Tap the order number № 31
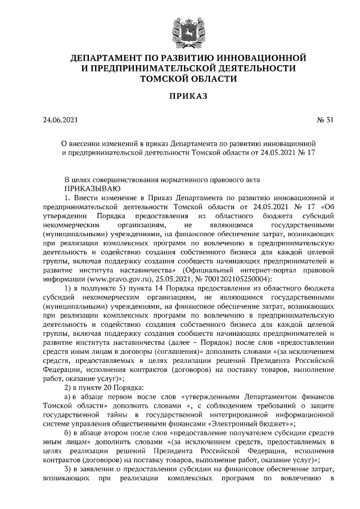[325, 120]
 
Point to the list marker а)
[68, 397]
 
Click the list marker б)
[68, 433]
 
